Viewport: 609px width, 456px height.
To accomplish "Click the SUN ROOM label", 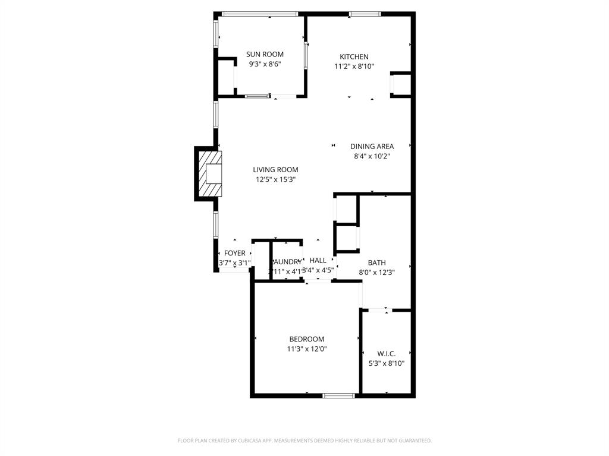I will coord(265,55).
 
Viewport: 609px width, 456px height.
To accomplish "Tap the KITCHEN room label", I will coord(354,57).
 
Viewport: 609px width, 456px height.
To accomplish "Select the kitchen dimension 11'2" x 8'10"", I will coord(354,67).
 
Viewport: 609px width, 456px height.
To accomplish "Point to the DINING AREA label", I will coord(372,147).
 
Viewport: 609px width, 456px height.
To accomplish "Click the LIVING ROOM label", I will coord(275,170).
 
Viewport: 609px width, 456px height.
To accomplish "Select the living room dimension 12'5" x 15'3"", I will coord(275,179).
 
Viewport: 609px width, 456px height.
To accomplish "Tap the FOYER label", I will coord(234,254).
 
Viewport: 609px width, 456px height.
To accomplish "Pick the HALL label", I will coord(318,261).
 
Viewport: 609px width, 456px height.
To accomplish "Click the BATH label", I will coord(376,262).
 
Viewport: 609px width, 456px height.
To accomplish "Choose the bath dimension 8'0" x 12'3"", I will coord(376,273).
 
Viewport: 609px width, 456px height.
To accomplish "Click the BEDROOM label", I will coord(307,339).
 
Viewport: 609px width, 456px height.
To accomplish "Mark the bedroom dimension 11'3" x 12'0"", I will coord(307,349).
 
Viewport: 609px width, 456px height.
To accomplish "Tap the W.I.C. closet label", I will coord(387,354).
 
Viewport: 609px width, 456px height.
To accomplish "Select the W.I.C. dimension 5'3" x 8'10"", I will coord(387,364).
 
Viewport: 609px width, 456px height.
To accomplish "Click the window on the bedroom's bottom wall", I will coord(338,395).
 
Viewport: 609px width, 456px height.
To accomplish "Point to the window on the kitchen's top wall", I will coord(365,14).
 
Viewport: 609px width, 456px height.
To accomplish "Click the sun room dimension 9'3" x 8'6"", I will coord(265,64).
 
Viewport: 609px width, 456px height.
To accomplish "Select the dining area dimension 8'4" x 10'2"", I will coord(372,157).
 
